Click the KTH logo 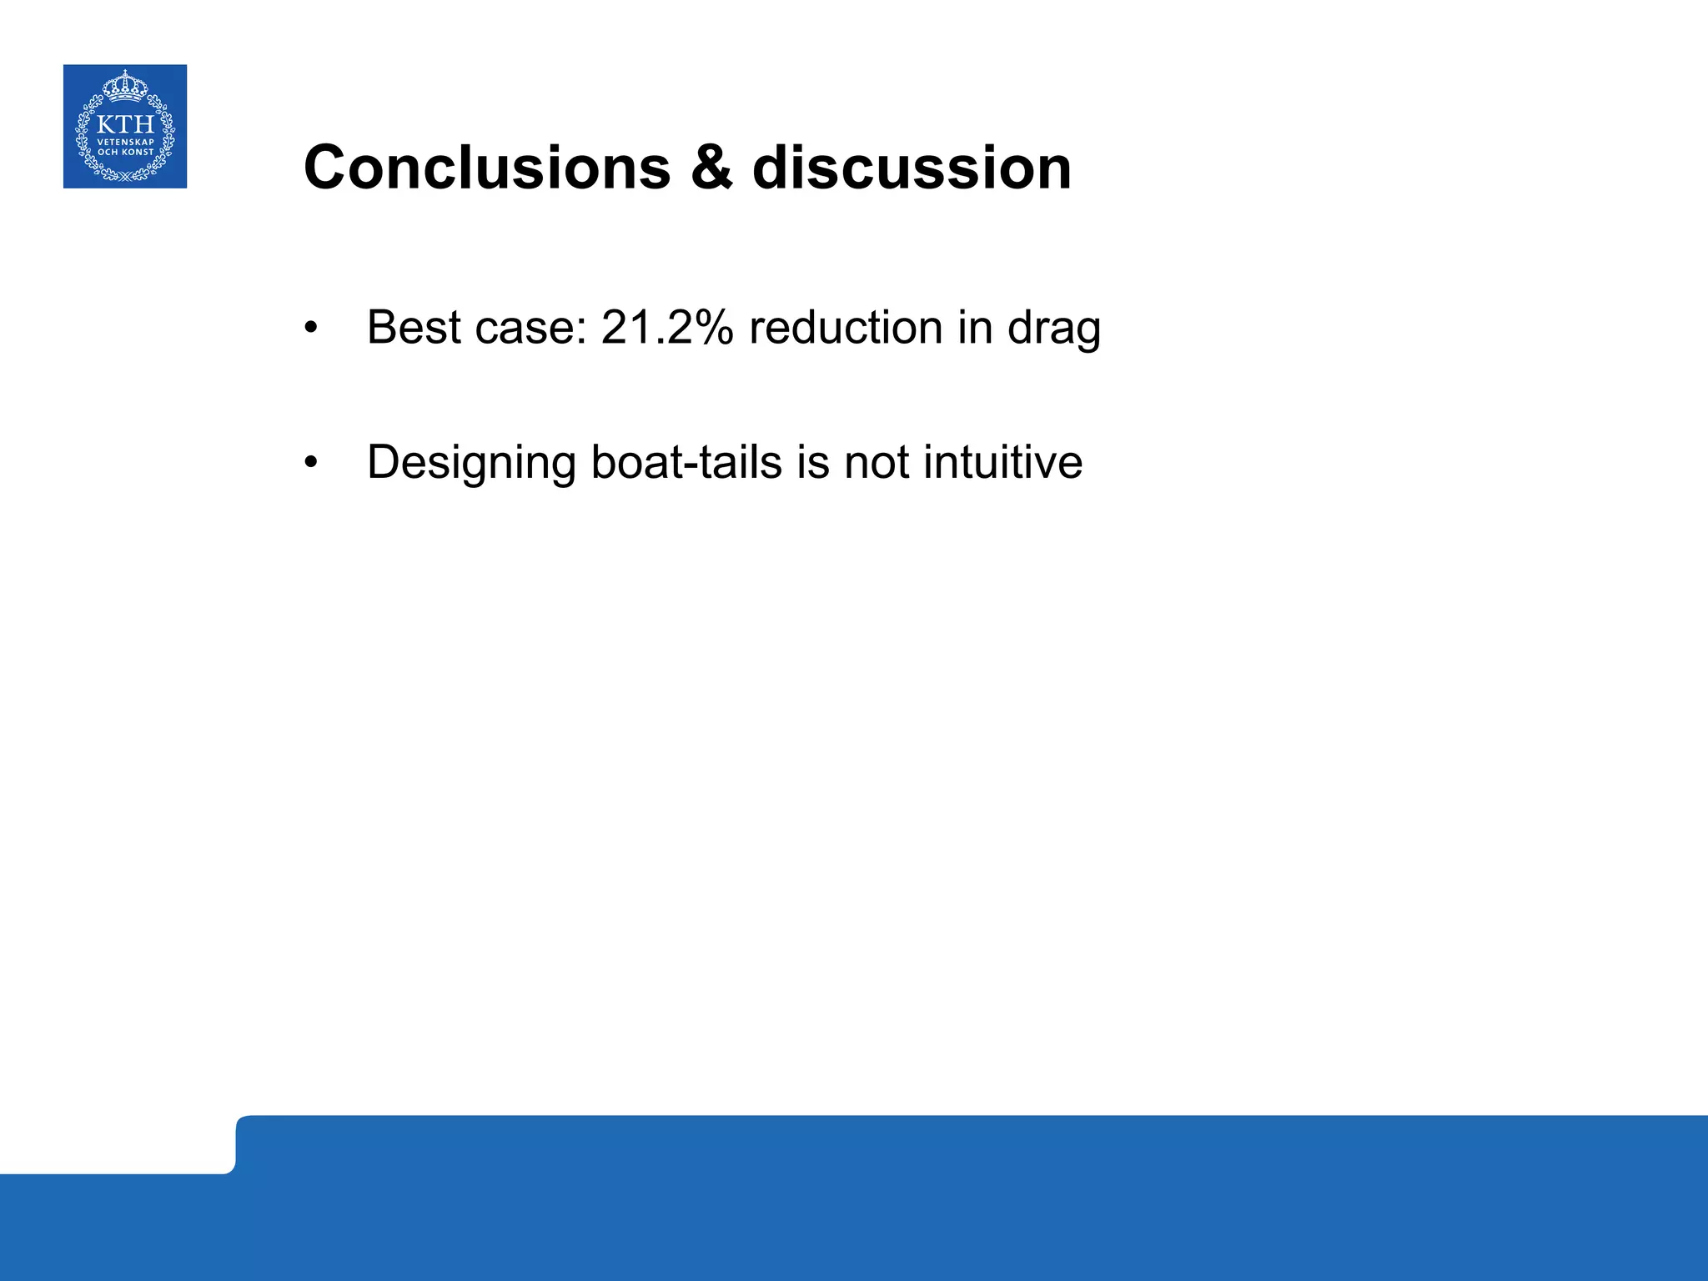125,126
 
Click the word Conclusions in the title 487,168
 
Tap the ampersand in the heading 711,168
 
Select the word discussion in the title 912,168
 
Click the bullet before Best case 311,328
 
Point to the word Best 414,327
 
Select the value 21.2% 666,327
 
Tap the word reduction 846,327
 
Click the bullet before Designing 311,463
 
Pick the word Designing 471,464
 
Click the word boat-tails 686,462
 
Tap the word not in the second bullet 877,462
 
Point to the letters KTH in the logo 125,125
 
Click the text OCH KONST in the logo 125,152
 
